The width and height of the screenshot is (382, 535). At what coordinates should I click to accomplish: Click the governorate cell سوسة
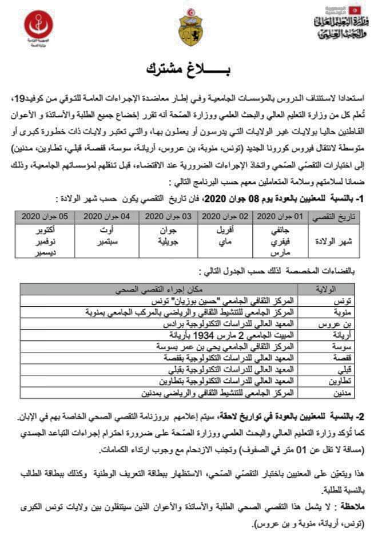tap(343, 347)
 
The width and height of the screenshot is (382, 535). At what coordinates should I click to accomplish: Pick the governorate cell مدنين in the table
tap(343, 393)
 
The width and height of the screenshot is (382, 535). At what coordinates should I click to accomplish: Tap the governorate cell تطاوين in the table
tap(341, 382)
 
